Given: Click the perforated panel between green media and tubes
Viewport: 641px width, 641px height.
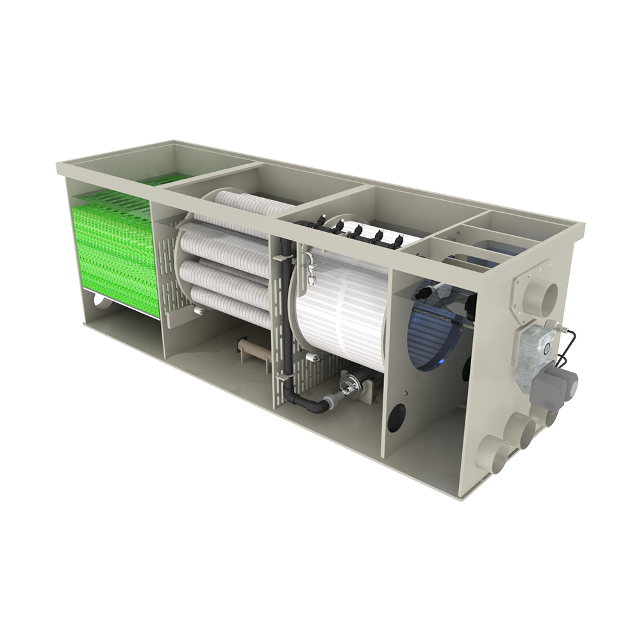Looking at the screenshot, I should [168, 269].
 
